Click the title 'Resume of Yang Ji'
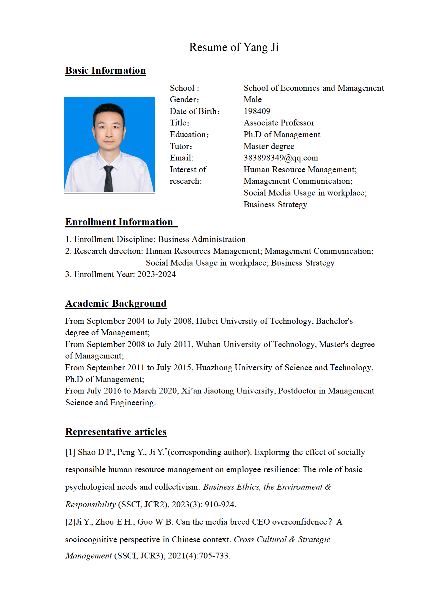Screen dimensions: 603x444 tap(234, 47)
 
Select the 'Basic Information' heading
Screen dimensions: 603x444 tap(106, 70)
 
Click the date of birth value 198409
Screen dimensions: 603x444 tap(257, 111)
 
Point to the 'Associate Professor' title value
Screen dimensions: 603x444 tap(279, 123)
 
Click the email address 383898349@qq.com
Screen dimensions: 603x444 tap(281, 158)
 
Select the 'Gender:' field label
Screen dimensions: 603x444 tap(184, 99)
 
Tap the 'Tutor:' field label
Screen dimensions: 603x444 tap(181, 146)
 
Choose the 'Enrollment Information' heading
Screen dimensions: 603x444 tap(119, 222)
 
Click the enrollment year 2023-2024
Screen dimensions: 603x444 tap(156, 274)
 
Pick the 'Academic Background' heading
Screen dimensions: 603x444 tap(116, 303)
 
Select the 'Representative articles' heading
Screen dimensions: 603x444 tap(116, 432)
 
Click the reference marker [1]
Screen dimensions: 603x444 tap(70, 452)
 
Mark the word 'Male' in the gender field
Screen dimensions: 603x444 tap(253, 99)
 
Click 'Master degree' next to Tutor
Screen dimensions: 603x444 tap(269, 146)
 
